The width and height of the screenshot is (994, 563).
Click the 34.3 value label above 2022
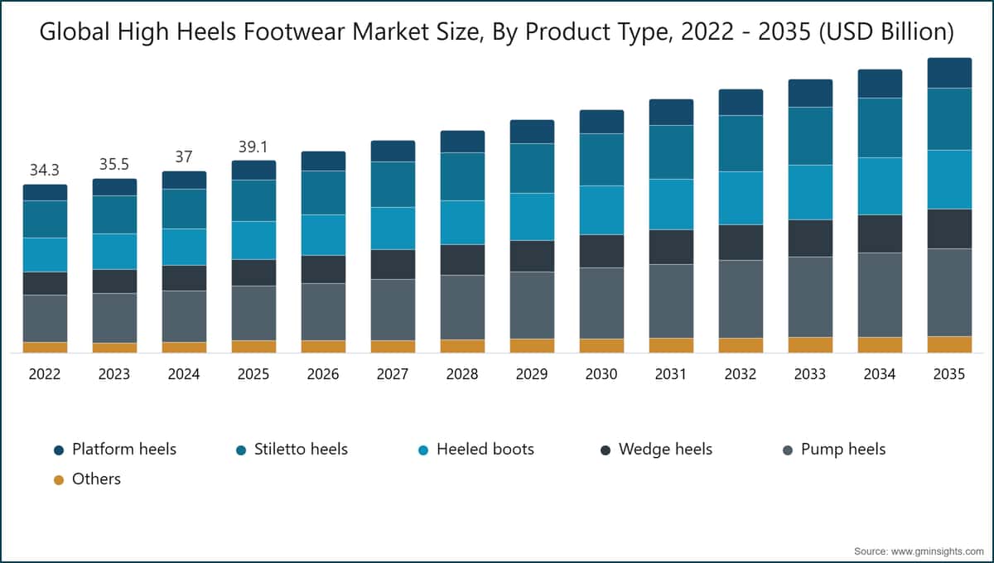[45, 171]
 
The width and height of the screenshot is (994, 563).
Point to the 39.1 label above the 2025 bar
[253, 147]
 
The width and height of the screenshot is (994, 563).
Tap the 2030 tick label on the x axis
[601, 374]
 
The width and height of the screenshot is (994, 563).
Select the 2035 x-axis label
[949, 374]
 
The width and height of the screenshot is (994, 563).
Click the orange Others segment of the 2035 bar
[949, 344]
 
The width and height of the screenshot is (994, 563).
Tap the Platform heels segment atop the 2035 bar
[949, 73]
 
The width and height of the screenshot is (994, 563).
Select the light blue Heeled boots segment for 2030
[601, 210]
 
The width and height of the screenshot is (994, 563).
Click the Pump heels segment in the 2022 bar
[45, 319]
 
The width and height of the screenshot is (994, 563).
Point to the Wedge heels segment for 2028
[462, 260]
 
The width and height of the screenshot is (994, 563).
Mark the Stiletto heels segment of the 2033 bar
[810, 136]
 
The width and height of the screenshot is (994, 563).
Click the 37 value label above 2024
[184, 156]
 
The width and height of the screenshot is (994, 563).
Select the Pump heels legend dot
[788, 450]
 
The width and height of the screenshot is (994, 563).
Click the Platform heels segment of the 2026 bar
[323, 161]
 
